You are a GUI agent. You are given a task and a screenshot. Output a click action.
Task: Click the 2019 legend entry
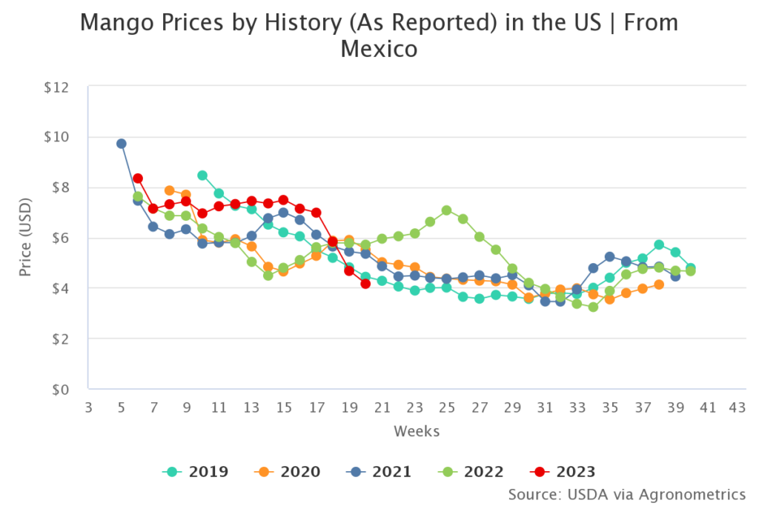point(196,471)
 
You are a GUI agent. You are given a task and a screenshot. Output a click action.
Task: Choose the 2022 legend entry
point(471,471)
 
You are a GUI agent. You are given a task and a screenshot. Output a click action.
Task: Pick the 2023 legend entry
point(563,471)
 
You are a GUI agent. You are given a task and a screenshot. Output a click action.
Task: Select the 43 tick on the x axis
point(737,408)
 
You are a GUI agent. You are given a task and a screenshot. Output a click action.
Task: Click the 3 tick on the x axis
point(88,408)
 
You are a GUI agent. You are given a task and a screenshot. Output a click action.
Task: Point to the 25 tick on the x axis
point(446,408)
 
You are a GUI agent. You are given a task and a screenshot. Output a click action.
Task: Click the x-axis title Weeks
point(417,431)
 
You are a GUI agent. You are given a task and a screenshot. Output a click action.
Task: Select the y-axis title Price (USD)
point(26,238)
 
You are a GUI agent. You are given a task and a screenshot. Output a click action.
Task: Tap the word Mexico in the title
point(379,49)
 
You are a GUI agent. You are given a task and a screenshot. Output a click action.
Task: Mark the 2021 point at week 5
point(121,143)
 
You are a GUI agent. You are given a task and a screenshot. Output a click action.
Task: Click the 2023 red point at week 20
point(365,283)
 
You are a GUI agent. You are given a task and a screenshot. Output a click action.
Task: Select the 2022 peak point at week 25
point(446,210)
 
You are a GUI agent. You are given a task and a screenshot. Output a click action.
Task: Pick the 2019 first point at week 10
point(202,176)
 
